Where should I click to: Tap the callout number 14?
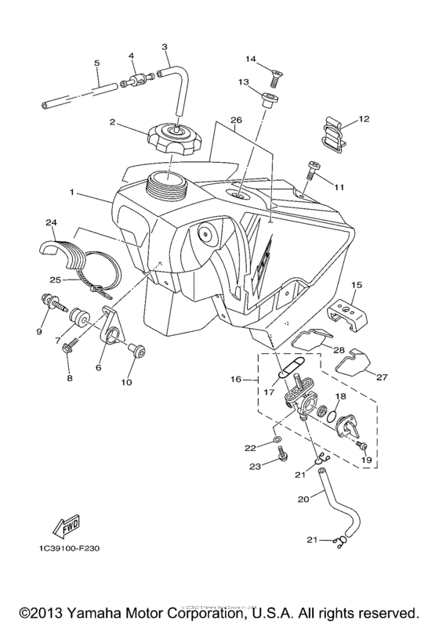[x=252, y=59]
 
